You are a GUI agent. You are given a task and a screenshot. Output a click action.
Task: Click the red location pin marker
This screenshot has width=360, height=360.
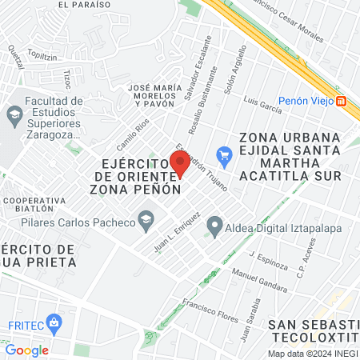pos(180,163)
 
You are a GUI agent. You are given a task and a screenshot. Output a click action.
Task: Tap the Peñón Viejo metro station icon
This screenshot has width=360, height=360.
pos(342,101)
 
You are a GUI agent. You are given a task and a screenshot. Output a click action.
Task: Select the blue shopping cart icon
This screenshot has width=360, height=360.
pos(224,154)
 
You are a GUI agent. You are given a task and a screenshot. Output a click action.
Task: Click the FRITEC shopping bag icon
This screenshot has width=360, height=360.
pos(54,324)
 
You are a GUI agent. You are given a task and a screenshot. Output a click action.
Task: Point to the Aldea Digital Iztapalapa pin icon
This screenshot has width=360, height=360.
pos(214,227)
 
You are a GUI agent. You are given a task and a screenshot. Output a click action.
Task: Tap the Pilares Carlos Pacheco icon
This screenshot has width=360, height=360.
pos(146,218)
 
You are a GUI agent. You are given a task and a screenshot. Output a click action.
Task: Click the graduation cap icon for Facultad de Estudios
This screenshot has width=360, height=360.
pos(14,114)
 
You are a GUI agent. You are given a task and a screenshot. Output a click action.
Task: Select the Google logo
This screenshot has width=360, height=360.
pos(26,350)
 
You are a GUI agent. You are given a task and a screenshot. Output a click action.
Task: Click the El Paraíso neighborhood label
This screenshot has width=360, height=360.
pos(84,4)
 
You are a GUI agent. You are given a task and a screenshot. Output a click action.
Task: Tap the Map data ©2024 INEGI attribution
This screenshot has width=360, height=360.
pos(313,354)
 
